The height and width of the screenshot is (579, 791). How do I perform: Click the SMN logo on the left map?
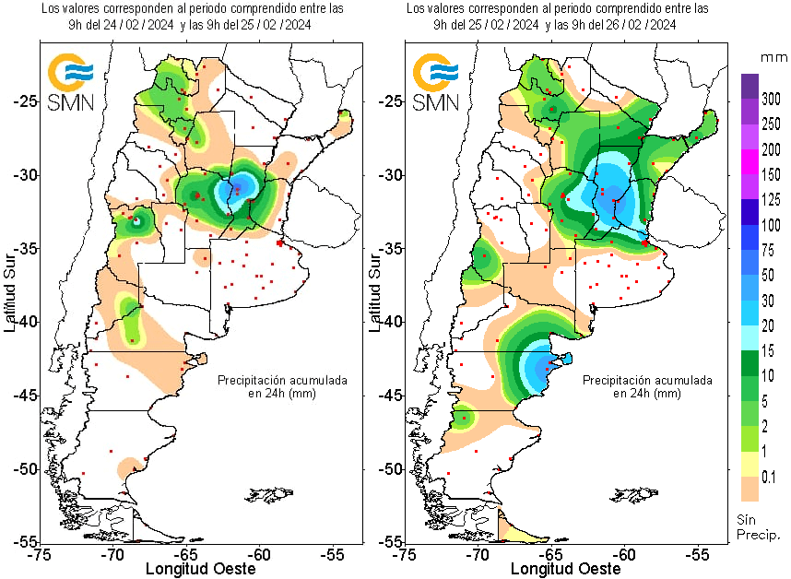tap(71, 81)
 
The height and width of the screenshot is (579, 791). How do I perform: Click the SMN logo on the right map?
tap(436, 81)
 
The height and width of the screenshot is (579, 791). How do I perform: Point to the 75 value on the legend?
tap(769, 250)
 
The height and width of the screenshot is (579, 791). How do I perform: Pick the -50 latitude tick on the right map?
tap(386, 468)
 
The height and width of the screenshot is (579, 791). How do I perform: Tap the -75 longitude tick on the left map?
tap(39, 555)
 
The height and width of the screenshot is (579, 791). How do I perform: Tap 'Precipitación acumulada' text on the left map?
tap(282, 380)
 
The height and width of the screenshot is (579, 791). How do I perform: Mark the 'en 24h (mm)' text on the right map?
tap(647, 393)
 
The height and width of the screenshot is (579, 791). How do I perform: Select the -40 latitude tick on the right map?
tap(386, 322)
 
